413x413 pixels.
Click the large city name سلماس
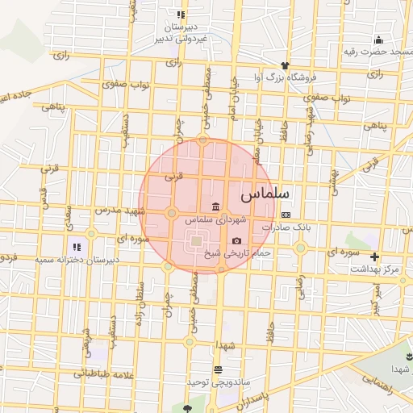[269, 194]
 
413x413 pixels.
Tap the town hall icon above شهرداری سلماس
[214, 205]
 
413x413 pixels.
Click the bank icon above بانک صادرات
[286, 215]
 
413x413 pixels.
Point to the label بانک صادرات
[286, 228]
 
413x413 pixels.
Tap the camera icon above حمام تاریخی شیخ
[236, 240]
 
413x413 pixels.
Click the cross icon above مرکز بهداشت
[374, 256]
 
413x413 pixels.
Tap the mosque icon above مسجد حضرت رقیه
[378, 40]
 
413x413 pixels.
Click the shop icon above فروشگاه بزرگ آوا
[284, 65]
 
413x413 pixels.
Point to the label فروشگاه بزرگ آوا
[286, 78]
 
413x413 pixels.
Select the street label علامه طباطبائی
[102, 373]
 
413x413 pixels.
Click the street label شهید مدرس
[119, 210]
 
